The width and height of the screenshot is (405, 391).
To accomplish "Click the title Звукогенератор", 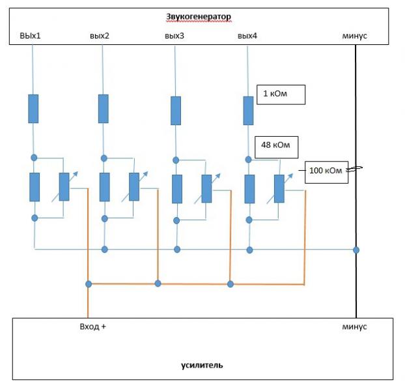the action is pos(199,16).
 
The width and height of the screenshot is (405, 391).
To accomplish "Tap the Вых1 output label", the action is pos(30,35).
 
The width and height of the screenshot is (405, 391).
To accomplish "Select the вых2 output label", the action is pos(100,35).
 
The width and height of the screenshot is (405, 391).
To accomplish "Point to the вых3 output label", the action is pos(175,35).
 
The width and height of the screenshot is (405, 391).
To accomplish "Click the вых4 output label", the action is pos(247,35).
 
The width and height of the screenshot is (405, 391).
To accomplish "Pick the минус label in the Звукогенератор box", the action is pos(354,36).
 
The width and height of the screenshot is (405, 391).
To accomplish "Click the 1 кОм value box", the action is pos(281,94).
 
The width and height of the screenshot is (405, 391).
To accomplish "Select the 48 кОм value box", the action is pos(276,147).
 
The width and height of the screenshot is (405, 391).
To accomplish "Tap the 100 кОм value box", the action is pos(326,173).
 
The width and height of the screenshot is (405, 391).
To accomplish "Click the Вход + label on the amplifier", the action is pos(92,326).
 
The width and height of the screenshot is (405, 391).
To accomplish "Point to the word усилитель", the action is pos(202,365).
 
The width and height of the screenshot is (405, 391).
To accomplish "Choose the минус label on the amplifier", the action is pos(354,326).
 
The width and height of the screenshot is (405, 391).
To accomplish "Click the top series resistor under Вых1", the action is pos(33,109).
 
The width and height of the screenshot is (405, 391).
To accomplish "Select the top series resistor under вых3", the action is pos(176,111).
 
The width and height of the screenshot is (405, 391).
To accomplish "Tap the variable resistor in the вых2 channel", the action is pos(134,186).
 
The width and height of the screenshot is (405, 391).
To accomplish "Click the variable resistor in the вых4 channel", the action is pos(279,188).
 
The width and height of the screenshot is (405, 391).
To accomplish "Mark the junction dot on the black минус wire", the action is pos(356,250).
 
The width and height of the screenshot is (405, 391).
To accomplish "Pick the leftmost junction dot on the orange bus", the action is pos(89,284).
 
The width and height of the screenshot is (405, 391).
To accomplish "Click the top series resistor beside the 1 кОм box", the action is pos(249,111).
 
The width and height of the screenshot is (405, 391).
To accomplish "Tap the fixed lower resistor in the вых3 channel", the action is pos(177,189).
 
